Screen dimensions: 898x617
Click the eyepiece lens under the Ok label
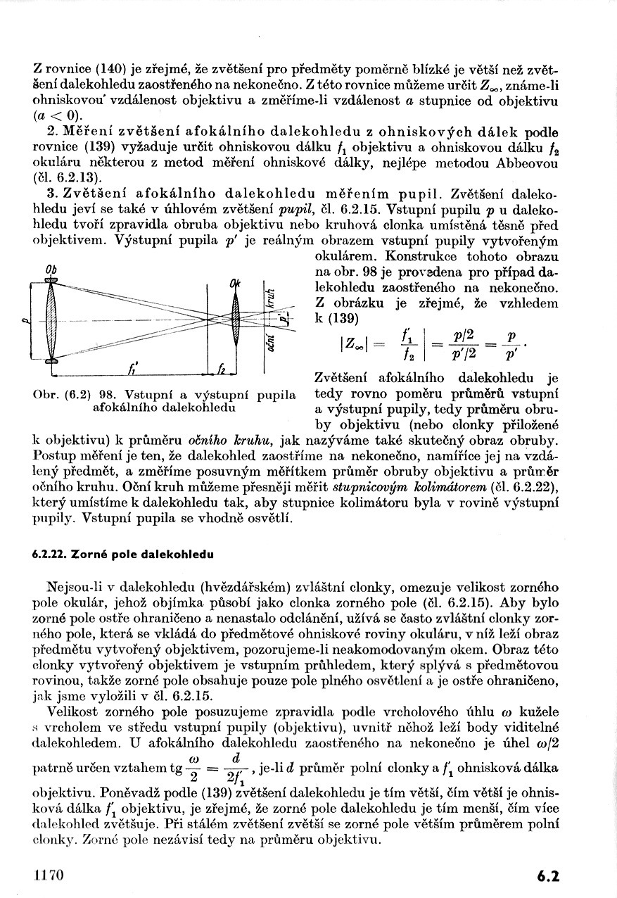click(x=236, y=321)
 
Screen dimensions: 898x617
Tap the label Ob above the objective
click(x=51, y=270)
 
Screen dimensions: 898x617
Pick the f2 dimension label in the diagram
click(x=222, y=368)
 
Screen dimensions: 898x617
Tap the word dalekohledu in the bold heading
click(x=177, y=555)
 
